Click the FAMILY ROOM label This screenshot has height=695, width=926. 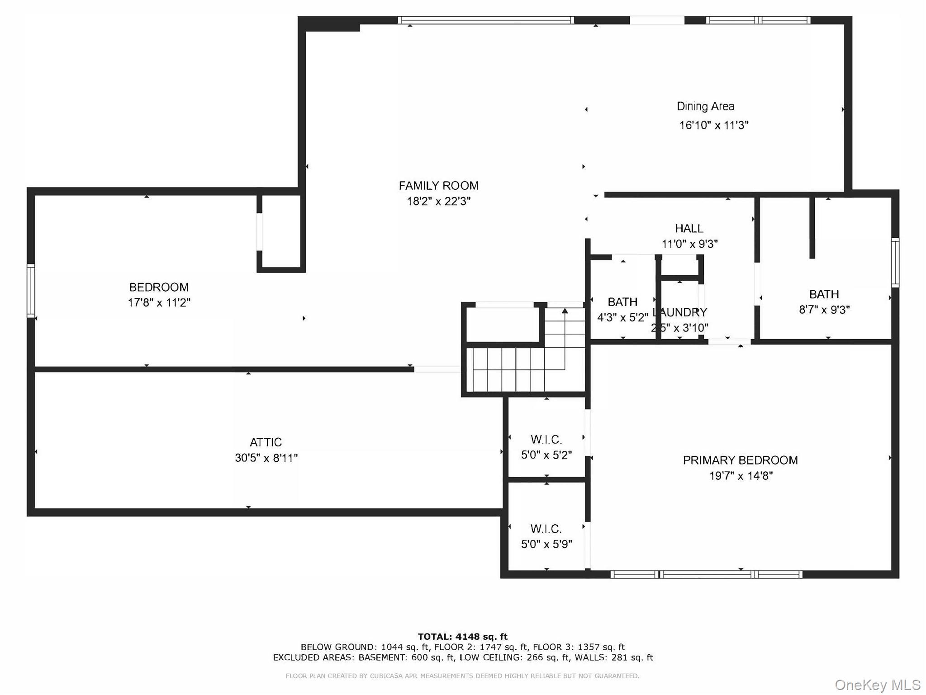438,186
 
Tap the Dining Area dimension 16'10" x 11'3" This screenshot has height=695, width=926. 713,125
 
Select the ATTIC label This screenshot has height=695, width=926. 266,442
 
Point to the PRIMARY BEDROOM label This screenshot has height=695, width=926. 740,460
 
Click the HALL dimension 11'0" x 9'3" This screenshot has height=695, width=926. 689,244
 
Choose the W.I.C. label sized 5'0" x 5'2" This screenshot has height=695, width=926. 546,440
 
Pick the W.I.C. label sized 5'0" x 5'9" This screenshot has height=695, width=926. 546,529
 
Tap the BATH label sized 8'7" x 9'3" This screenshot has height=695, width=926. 824,294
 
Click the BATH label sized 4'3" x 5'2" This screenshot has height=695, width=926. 622,302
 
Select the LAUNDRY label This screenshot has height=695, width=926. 680,312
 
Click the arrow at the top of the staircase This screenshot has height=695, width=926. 565,311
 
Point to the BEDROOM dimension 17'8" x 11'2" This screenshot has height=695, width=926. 159,302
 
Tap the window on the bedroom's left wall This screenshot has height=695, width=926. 31,290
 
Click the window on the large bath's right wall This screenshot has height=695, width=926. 895,263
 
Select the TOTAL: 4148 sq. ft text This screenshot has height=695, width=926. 462,637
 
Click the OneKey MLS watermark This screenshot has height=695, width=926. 877,685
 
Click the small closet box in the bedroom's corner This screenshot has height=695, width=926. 280,232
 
